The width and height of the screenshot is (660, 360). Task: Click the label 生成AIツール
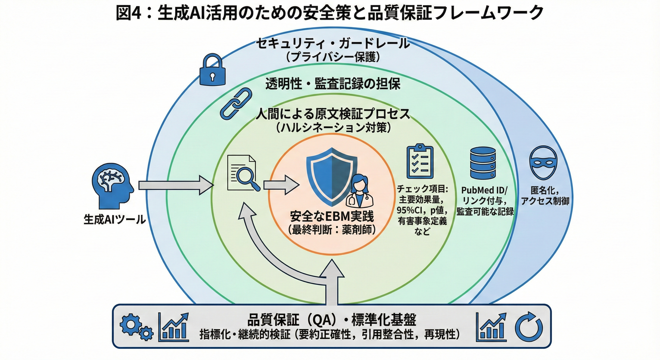(115, 220)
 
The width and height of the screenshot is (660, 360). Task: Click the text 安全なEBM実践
(332, 217)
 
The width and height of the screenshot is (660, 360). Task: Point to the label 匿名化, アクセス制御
(545, 196)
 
